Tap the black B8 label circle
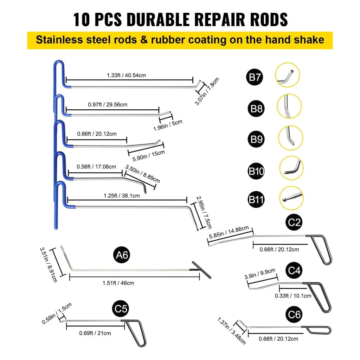tap(257, 108)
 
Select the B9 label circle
tap(257, 140)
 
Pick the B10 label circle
tap(257, 171)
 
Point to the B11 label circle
tap(257, 200)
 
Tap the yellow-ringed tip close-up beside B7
tap(288, 75)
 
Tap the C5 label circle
tap(121, 309)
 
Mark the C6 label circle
tap(294, 314)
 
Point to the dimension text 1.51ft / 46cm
tap(118, 283)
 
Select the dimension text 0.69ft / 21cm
tap(95, 333)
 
